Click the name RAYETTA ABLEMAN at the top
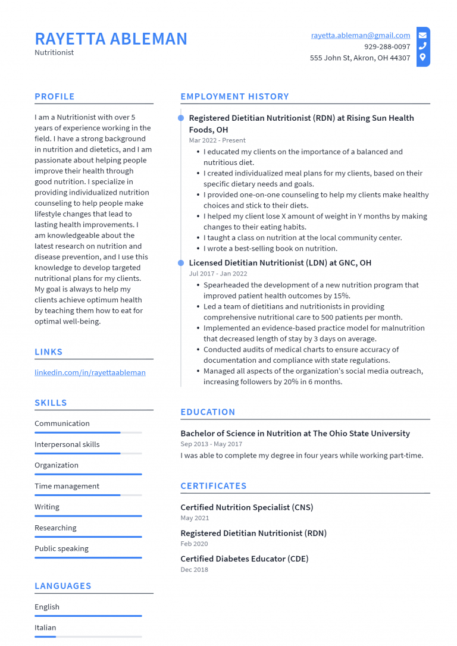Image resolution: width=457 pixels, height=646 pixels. [111, 39]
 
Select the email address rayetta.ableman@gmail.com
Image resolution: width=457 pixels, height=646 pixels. [360, 36]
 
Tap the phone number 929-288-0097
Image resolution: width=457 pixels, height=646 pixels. [387, 46]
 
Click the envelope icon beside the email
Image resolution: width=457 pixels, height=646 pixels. [422, 35]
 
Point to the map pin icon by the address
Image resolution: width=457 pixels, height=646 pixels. [422, 58]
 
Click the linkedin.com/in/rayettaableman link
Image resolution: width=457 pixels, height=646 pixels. [90, 372]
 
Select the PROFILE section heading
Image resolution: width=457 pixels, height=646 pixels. [55, 96]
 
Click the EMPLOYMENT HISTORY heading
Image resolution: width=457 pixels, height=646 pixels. [234, 96]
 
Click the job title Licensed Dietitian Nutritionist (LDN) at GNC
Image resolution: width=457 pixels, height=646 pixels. [280, 263]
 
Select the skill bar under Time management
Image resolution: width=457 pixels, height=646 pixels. [88, 495]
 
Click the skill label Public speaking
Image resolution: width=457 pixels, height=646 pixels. [61, 548]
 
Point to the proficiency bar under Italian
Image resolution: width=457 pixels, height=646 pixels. [88, 636]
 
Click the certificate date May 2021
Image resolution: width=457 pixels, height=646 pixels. [195, 518]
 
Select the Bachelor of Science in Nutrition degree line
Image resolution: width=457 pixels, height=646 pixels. [295, 433]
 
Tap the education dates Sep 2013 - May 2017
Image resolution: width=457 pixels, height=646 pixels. [211, 444]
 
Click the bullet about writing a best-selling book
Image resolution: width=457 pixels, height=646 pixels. [270, 248]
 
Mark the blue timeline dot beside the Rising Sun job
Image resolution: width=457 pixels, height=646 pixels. [181, 118]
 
